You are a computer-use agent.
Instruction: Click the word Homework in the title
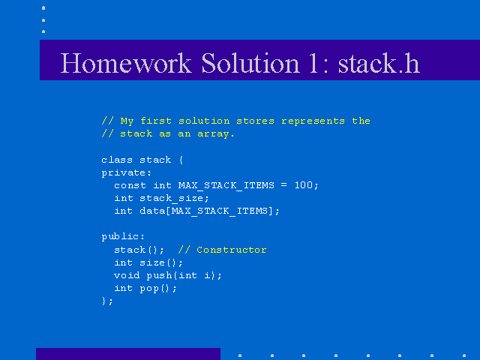point(126,63)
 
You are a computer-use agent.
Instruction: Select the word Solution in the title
point(250,63)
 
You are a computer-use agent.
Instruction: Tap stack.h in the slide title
point(379,63)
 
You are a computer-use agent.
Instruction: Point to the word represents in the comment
point(313,121)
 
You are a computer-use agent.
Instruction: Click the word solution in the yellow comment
point(204,121)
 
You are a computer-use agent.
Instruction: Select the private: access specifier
point(127,173)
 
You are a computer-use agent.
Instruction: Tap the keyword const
point(130,185)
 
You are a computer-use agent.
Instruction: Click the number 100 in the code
point(303,185)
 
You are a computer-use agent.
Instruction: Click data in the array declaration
point(152,211)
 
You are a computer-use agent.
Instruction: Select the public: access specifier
point(123,237)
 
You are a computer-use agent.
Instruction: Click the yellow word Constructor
point(232,250)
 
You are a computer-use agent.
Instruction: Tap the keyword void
point(127,275)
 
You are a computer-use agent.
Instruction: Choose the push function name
point(159,275)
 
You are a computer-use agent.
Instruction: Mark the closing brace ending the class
point(104,301)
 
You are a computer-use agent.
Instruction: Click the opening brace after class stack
point(181,160)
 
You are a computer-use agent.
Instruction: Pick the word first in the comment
point(156,121)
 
